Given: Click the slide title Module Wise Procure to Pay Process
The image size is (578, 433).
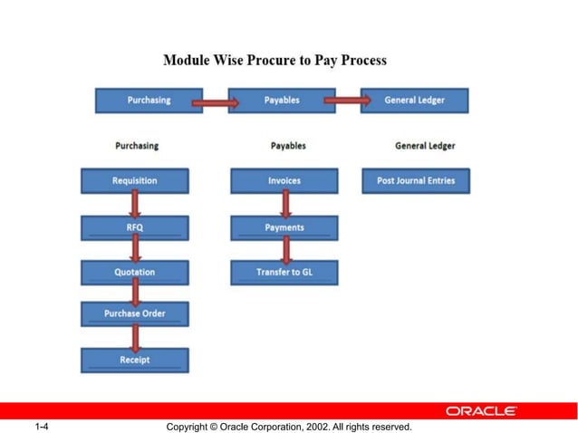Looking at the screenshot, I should coord(275,61).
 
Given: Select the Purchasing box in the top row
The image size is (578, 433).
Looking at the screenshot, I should coord(149,100).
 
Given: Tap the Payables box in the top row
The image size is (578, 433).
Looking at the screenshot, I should coord(282,100).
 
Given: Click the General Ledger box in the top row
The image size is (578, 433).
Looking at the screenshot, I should coord(414,100).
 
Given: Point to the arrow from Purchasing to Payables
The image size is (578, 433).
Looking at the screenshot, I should coord(218,101).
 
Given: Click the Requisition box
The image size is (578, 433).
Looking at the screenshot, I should coord(134,181).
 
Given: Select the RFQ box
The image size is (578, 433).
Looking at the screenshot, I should coord(134,227).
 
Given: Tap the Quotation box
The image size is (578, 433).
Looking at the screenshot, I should coord(134,272).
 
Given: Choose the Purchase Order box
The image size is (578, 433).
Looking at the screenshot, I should coord(134,314).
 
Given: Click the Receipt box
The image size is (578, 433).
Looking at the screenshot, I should coord(134,360).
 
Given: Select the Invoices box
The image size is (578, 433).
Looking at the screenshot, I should coord(284,181).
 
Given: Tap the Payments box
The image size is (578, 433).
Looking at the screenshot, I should coord(284,227).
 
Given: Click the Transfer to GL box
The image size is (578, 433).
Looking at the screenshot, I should coord(284,272).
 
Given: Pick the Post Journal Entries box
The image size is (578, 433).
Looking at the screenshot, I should coord(416,181).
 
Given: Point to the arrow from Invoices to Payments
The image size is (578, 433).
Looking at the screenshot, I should coord(285,205).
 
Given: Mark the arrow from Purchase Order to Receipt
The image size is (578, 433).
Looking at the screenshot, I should coord(136,337).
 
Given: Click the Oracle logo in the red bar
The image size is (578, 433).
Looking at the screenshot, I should coord(481,410).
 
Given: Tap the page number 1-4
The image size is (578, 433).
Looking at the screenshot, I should coord(40,426).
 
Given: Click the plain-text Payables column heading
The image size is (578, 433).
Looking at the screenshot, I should coord(288,146).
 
